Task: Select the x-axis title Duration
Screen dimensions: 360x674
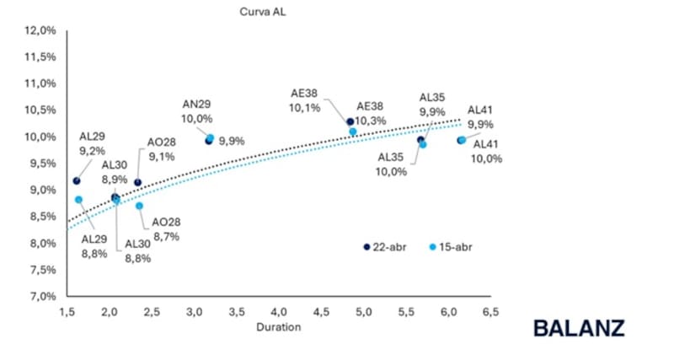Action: pos(278,327)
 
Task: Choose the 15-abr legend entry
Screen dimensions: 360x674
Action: pos(452,246)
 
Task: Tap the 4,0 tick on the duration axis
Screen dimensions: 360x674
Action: pos(278,311)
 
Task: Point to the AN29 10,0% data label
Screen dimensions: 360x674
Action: pos(198,111)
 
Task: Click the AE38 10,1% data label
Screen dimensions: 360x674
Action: pos(303,101)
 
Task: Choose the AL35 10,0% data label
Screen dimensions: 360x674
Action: pos(392,164)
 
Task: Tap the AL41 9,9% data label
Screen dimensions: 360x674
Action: pos(479,116)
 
